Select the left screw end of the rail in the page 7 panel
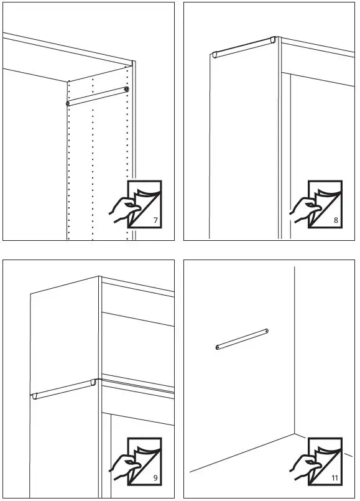(x=68, y=103)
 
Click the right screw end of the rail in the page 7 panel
(x=126, y=90)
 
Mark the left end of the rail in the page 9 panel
(x=34, y=396)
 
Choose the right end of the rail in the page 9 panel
(x=93, y=382)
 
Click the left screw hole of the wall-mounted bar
(x=218, y=347)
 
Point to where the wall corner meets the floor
(x=295, y=432)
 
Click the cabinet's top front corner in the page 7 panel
(x=133, y=62)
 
